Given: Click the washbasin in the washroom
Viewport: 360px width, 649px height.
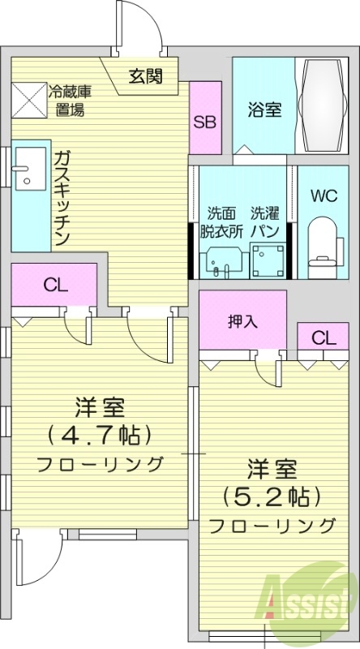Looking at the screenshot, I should (x=220, y=260).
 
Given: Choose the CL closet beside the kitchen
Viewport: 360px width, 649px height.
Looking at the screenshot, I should (x=54, y=285).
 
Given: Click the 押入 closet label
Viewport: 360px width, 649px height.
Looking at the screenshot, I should (x=242, y=320).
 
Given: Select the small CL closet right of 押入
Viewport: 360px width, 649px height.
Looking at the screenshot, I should (x=322, y=337).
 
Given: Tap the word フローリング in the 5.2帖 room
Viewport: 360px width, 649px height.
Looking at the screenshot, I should (x=272, y=525).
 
